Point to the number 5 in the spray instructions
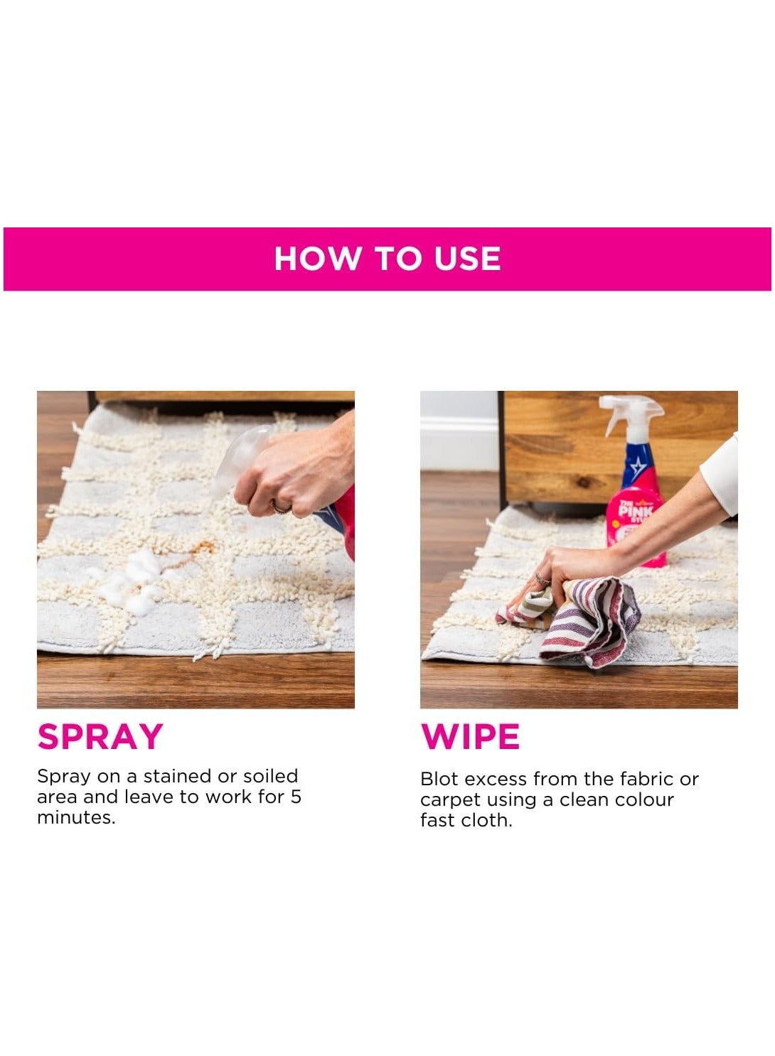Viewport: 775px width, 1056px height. pos(296,797)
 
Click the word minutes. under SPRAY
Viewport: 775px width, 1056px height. pos(76,817)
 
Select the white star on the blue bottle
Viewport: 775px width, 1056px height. pos(637,467)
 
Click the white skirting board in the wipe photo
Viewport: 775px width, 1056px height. pos(459,443)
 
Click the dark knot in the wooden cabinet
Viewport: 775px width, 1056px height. pos(584,481)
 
